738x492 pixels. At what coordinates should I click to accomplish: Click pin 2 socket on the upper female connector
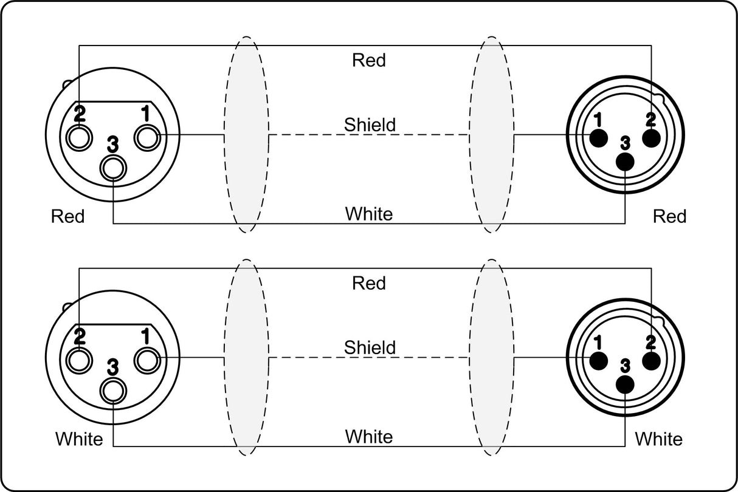click(x=79, y=137)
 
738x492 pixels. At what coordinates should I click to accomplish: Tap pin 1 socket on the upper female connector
click(x=147, y=137)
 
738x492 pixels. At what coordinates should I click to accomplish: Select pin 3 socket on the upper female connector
click(x=113, y=168)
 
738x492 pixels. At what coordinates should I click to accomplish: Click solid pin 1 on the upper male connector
click(x=598, y=138)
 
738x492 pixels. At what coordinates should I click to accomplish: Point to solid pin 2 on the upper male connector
click(x=651, y=138)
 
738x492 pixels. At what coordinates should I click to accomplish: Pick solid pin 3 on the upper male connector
click(x=625, y=162)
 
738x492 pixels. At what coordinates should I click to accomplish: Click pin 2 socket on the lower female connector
click(x=79, y=361)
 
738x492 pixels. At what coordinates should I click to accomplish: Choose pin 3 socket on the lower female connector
click(x=113, y=392)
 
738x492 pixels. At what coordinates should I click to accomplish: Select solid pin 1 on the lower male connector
click(x=598, y=361)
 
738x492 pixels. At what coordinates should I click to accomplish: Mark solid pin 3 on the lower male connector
click(x=625, y=384)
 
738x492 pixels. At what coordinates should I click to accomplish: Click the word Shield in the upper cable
click(x=370, y=125)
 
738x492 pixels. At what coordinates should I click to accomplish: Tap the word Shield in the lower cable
click(x=370, y=347)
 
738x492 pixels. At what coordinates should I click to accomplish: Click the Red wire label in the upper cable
click(x=368, y=60)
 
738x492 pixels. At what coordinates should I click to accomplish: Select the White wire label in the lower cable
click(x=369, y=437)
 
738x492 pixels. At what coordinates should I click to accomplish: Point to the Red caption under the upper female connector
click(x=67, y=216)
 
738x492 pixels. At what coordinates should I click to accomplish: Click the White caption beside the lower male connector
click(x=658, y=439)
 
